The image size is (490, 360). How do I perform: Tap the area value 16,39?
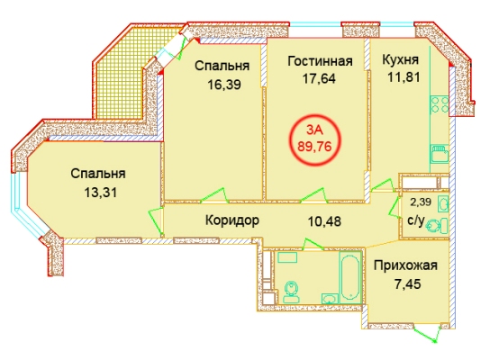(224, 85)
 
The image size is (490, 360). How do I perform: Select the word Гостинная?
(320, 61)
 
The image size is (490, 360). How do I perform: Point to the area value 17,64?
(319, 78)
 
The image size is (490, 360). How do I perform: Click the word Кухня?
(400, 59)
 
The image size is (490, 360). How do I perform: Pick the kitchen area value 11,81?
(404, 76)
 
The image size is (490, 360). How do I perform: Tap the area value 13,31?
(100, 193)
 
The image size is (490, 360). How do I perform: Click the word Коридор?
(232, 220)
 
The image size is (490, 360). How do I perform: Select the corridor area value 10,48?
(324, 221)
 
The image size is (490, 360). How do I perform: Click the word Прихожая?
(405, 266)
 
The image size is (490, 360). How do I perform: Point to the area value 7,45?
(407, 284)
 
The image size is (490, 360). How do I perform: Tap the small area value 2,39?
(421, 202)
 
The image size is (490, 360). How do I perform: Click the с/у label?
(416, 220)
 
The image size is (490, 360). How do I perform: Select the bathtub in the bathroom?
(350, 276)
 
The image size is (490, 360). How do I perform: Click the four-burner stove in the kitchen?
(440, 104)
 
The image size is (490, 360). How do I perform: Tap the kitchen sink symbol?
(440, 153)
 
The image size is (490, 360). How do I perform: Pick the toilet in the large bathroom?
(292, 292)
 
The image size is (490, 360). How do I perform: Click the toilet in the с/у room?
(438, 226)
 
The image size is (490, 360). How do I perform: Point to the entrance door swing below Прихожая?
(426, 334)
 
